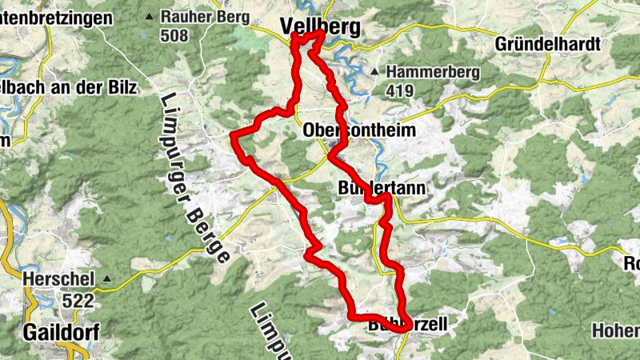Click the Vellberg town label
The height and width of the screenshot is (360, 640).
tap(320, 26)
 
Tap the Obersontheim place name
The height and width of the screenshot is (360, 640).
tap(357, 130)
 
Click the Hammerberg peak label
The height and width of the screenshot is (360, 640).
tap(433, 72)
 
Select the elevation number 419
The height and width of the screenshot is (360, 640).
tap(400, 91)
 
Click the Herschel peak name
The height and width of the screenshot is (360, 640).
tap(60, 280)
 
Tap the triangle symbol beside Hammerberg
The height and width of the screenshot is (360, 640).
tap(375, 72)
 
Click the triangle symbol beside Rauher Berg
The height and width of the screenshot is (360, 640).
tap(149, 16)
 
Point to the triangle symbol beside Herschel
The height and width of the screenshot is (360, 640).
tap(107, 280)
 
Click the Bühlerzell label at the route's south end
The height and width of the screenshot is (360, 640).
tap(406, 325)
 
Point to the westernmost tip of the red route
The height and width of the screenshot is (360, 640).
tap(233, 137)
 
